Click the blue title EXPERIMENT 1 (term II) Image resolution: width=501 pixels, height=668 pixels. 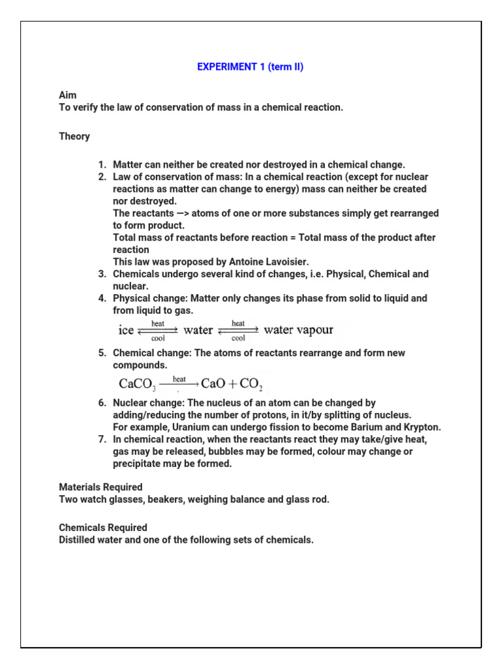tap(250, 67)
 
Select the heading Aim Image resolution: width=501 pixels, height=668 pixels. tap(68, 95)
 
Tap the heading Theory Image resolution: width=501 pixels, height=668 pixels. tap(74, 136)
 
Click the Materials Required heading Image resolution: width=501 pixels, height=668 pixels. tap(100, 487)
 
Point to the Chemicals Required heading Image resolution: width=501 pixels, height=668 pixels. tap(103, 527)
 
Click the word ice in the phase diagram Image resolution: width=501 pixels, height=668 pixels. tap(125, 330)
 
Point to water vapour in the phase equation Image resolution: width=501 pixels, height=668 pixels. tap(298, 330)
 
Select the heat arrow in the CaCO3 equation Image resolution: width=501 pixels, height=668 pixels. tap(179, 383)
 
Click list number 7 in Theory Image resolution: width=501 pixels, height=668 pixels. tap(102, 440)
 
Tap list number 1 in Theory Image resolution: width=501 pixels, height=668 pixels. tap(102, 164)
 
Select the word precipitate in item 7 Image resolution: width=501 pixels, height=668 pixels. tap(137, 464)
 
